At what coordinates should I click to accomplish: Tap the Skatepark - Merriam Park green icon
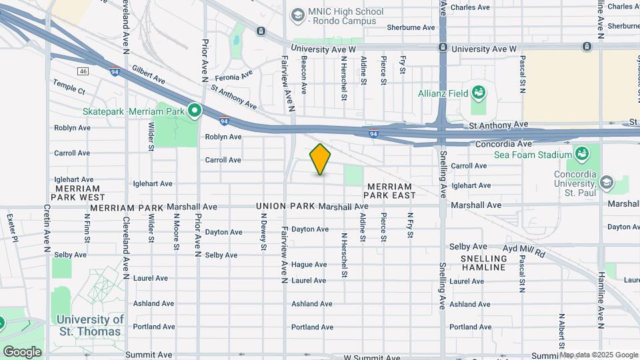coord(195,110)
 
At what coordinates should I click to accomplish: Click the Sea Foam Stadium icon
coord(581,155)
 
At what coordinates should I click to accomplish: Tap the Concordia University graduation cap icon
coord(606,182)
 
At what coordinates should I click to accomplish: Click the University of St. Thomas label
coord(91,325)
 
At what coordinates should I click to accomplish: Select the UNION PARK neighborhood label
coord(286,207)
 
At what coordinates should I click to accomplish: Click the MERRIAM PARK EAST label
coord(390,191)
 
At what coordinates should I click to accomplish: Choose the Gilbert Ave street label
coord(148,75)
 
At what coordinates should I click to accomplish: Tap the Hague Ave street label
coord(309,265)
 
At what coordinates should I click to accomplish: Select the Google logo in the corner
coord(22,351)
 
